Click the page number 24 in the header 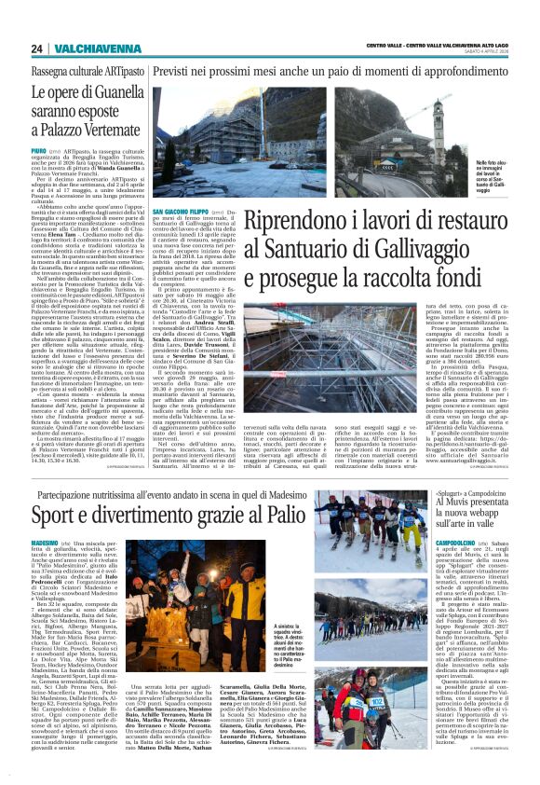pyautogui.click(x=36, y=48)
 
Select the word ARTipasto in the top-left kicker pyautogui.click(x=119, y=71)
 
